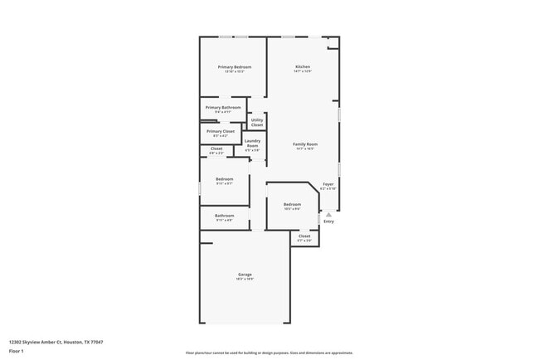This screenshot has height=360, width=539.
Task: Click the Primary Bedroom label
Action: point(235,66)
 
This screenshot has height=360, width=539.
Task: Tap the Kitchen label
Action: point(303,66)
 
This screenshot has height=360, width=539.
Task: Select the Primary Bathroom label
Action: point(224,107)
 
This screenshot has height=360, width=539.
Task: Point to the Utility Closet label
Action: point(257,122)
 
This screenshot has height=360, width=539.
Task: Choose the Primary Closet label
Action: point(221,131)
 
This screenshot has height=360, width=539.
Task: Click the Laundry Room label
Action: point(253,143)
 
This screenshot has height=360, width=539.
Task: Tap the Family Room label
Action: point(305,144)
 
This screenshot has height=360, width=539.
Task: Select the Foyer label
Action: point(328,184)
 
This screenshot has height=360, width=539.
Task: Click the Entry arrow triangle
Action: point(328,214)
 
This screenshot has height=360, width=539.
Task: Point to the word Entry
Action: point(328,221)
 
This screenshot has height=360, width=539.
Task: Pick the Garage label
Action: point(245,274)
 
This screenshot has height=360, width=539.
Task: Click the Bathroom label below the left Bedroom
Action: point(224,216)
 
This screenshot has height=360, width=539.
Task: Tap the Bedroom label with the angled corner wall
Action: point(292,204)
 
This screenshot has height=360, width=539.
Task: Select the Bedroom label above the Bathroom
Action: point(224,179)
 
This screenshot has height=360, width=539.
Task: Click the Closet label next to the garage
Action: point(304,236)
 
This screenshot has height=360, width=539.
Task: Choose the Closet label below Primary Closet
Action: point(216,148)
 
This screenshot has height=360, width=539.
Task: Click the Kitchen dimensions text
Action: point(303,71)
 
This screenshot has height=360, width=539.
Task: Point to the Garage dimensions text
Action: point(245,279)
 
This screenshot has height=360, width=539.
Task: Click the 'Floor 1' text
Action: point(16,351)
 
